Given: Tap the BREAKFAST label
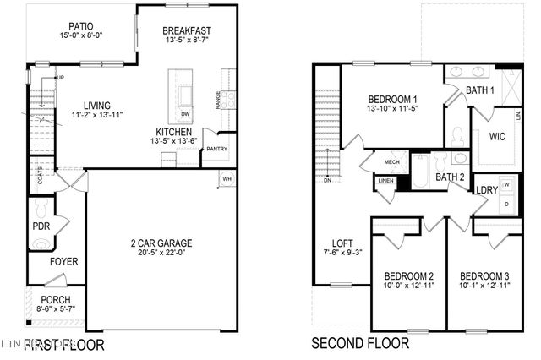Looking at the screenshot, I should [187, 31].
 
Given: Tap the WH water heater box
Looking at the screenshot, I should [227, 179].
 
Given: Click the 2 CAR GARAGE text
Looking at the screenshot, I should [159, 243].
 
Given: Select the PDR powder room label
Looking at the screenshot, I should [41, 226].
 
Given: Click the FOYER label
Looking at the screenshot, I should [63, 262].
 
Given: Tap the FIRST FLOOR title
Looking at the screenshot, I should [64, 344].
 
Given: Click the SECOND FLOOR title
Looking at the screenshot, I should [361, 344].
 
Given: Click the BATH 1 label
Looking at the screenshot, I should [480, 90].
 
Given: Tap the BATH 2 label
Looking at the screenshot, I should [450, 177].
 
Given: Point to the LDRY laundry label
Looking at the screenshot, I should [487, 190].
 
